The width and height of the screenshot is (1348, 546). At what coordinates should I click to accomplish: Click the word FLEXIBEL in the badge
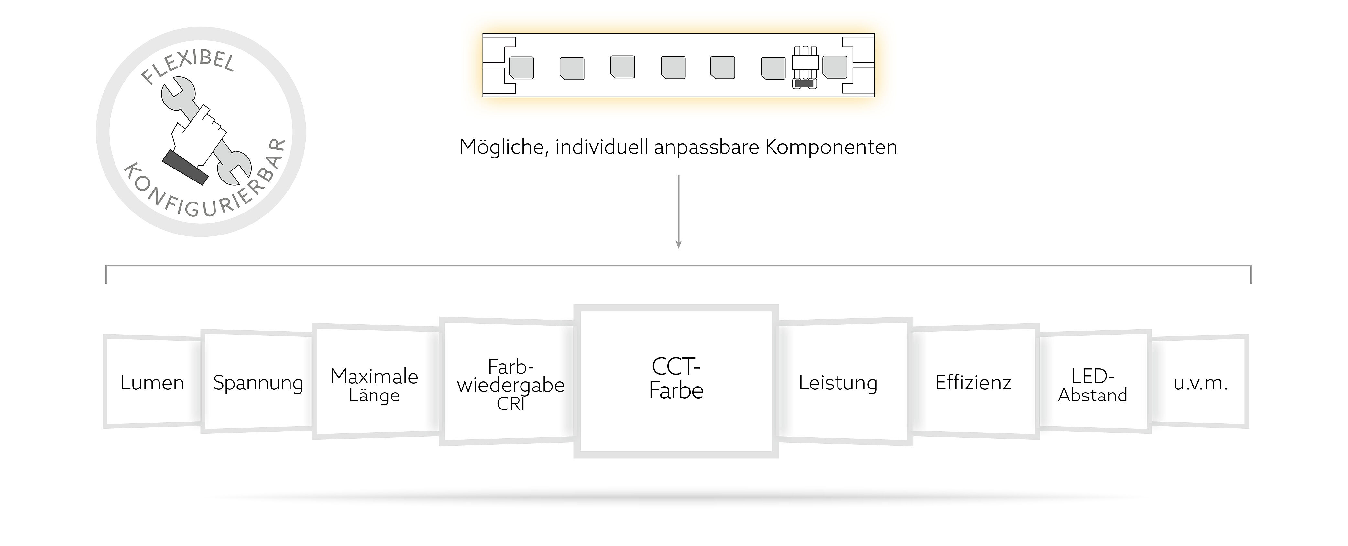pos(188,65)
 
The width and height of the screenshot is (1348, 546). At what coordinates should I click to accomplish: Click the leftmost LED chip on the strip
pos(521,68)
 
